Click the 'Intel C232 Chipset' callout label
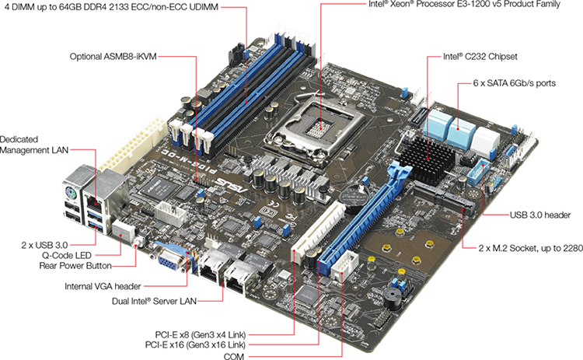point(479,56)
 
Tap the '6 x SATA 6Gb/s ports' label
point(514,82)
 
